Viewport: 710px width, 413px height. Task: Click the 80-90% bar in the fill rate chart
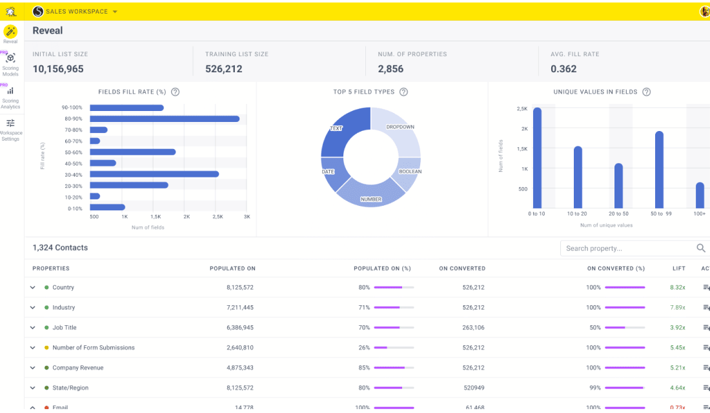[165, 119]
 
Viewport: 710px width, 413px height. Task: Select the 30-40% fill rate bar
[154, 174]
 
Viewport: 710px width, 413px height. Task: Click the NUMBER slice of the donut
[370, 194]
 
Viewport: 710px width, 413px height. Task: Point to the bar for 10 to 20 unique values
[578, 177]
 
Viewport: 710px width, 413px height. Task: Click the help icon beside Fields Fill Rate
[176, 92]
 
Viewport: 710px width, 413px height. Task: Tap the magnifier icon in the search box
[701, 248]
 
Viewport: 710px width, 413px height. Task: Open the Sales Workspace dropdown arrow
[115, 12]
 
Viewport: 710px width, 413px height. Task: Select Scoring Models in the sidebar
[10, 63]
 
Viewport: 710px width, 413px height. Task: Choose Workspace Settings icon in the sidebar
[10, 128]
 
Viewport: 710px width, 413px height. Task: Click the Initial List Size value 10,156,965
[58, 69]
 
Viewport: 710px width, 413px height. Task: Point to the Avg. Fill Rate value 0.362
[563, 69]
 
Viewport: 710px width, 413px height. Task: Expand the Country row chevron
[33, 288]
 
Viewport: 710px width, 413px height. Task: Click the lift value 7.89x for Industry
[677, 308]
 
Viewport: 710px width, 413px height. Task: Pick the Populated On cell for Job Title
[240, 328]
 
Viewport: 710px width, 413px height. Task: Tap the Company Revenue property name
[78, 368]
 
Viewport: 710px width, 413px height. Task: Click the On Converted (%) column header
[616, 268]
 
